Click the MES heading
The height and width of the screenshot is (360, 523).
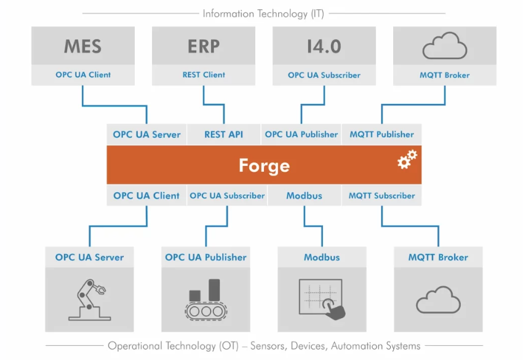82,47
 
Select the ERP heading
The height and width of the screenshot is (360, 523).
204,47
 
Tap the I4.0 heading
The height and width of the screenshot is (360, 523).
324,47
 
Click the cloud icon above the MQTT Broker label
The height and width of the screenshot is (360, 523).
445,46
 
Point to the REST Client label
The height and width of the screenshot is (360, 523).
204,75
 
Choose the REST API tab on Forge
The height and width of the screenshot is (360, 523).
223,134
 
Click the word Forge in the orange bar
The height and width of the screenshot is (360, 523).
264,165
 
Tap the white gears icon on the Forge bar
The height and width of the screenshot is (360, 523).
407,159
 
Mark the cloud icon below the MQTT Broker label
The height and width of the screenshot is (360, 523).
438,300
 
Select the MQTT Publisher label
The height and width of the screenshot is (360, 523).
381,134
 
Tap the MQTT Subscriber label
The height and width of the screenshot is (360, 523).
381,196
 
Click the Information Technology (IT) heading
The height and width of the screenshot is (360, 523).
263,13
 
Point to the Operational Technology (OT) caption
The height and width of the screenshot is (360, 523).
264,346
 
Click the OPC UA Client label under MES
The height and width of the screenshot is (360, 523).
83,75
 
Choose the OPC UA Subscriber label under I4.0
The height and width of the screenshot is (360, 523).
324,75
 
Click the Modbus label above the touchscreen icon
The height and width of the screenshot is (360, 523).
322,257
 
